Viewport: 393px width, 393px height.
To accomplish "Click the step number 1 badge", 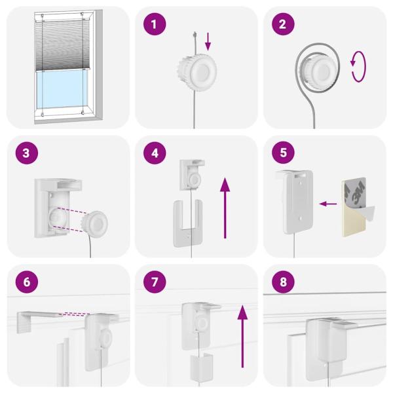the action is pyautogui.click(x=155, y=24).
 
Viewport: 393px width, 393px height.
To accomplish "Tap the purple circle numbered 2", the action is pyautogui.click(x=283, y=24).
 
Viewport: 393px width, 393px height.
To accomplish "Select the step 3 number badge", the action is pyautogui.click(x=27, y=153).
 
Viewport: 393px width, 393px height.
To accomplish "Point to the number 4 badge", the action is pyautogui.click(x=155, y=153).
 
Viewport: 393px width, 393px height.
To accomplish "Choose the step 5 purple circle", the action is pyautogui.click(x=283, y=153).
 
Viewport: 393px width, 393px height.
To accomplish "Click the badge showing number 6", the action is pyautogui.click(x=27, y=282).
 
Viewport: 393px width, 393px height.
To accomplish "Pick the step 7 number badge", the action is pyautogui.click(x=155, y=282).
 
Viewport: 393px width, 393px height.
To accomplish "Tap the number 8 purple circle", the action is pyautogui.click(x=283, y=282).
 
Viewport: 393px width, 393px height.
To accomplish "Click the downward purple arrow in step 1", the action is pyautogui.click(x=208, y=41).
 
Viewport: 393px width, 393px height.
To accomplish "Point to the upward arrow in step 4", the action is pyautogui.click(x=225, y=208).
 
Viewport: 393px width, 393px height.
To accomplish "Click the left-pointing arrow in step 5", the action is pyautogui.click(x=328, y=204).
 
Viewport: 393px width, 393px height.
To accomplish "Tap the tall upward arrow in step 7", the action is pyautogui.click(x=242, y=337).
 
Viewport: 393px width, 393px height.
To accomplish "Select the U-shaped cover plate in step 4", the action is pyautogui.click(x=187, y=223).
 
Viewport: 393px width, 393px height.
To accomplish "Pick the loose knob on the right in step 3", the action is pyautogui.click(x=95, y=224).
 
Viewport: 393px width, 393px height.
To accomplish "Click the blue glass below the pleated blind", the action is pyautogui.click(x=62, y=89).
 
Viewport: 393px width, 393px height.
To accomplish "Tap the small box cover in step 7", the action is pyautogui.click(x=202, y=365).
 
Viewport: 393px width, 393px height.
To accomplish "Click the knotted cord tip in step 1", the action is pyautogui.click(x=195, y=34).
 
